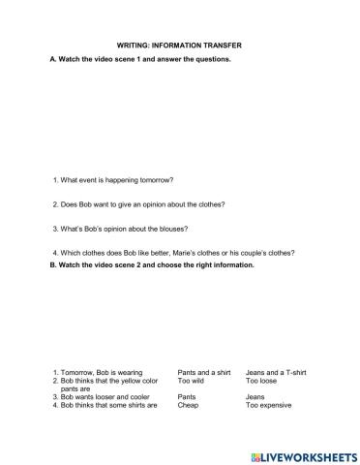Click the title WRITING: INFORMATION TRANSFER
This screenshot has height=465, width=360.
tap(180, 44)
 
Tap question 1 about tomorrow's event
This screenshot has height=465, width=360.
tap(116, 179)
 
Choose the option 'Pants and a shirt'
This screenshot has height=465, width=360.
tap(203, 372)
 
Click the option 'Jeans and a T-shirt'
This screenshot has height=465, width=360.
tap(275, 372)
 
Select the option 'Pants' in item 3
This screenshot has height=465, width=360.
tap(187, 397)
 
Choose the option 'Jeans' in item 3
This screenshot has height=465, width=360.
tap(255, 397)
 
